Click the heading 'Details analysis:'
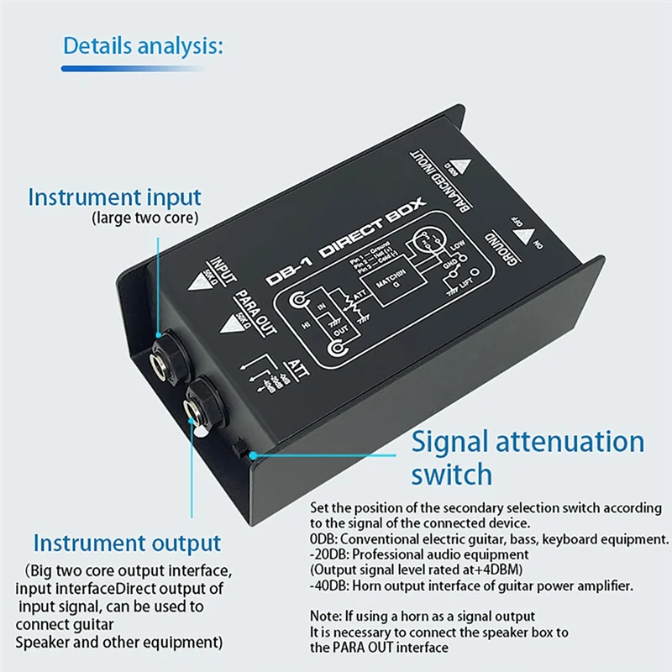[x=143, y=45]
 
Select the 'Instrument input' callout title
[x=114, y=198]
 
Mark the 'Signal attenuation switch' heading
[x=528, y=458]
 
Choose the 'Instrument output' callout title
[x=127, y=543]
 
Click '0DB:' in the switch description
[x=325, y=539]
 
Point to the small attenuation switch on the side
[x=239, y=449]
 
